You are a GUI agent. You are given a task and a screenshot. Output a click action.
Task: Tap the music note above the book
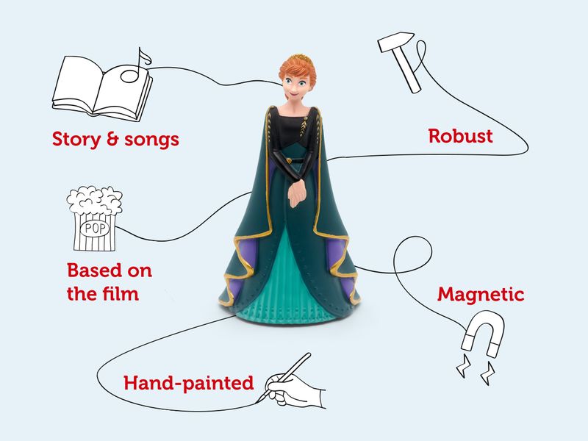pos(137,62)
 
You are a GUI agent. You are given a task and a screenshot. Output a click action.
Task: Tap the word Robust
pos(460,136)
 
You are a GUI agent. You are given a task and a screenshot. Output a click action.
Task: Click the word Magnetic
pos(481,295)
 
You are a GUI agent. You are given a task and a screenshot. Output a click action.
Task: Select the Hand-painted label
pos(188,383)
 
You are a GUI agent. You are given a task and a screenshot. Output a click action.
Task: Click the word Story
pos(73,139)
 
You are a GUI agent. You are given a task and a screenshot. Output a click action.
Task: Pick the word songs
pos(151,140)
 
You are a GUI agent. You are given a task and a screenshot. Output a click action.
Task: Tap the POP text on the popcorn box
pos(95,228)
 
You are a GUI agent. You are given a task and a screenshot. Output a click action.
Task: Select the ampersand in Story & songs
pos(112,139)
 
